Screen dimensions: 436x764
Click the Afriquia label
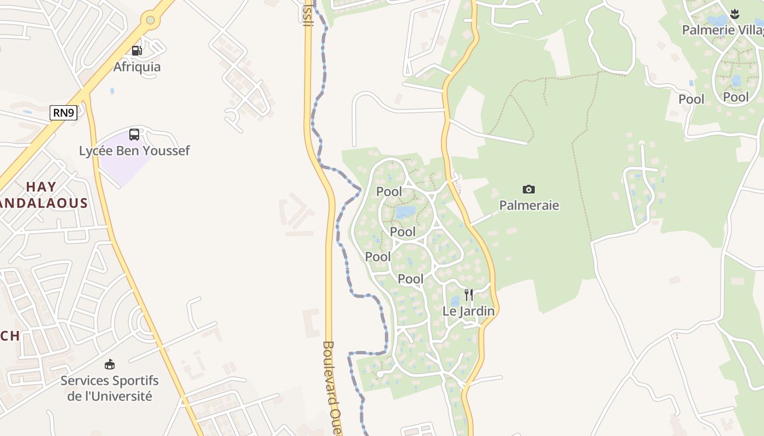[x=136, y=67]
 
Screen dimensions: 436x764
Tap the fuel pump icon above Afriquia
[x=136, y=51]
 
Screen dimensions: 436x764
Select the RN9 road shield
[x=64, y=113]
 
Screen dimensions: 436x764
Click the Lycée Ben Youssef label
[x=134, y=151]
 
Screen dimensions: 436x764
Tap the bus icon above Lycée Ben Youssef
[x=134, y=134]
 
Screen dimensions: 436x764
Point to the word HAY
[x=41, y=187]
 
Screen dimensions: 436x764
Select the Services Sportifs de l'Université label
[x=109, y=388]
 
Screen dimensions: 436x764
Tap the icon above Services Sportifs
[x=110, y=364]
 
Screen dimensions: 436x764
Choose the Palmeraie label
[x=529, y=205]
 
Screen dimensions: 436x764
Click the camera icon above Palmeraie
[x=529, y=190]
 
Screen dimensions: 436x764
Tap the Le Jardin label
[x=468, y=311]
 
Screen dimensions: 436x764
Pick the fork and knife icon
[x=468, y=295]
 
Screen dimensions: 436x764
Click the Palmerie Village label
[x=723, y=30]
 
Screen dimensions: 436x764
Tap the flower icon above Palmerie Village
[x=735, y=14]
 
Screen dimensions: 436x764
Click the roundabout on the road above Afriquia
[x=150, y=21]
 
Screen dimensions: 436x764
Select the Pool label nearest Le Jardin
[x=410, y=279]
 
